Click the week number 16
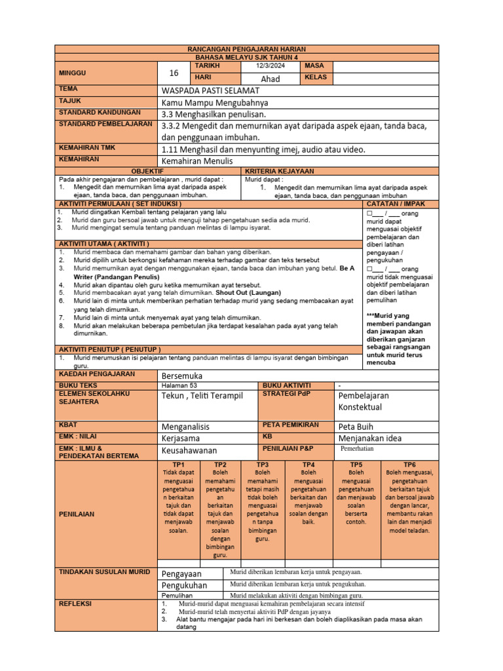[x=174, y=73]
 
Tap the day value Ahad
[x=270, y=79]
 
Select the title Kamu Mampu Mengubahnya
[x=215, y=102]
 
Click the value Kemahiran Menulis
[x=197, y=161]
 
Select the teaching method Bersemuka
[x=182, y=375]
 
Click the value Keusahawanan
[x=189, y=450]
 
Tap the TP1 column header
[x=177, y=464]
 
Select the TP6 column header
[x=411, y=464]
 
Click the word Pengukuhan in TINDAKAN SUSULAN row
[x=184, y=585]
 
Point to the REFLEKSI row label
[x=75, y=603]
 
